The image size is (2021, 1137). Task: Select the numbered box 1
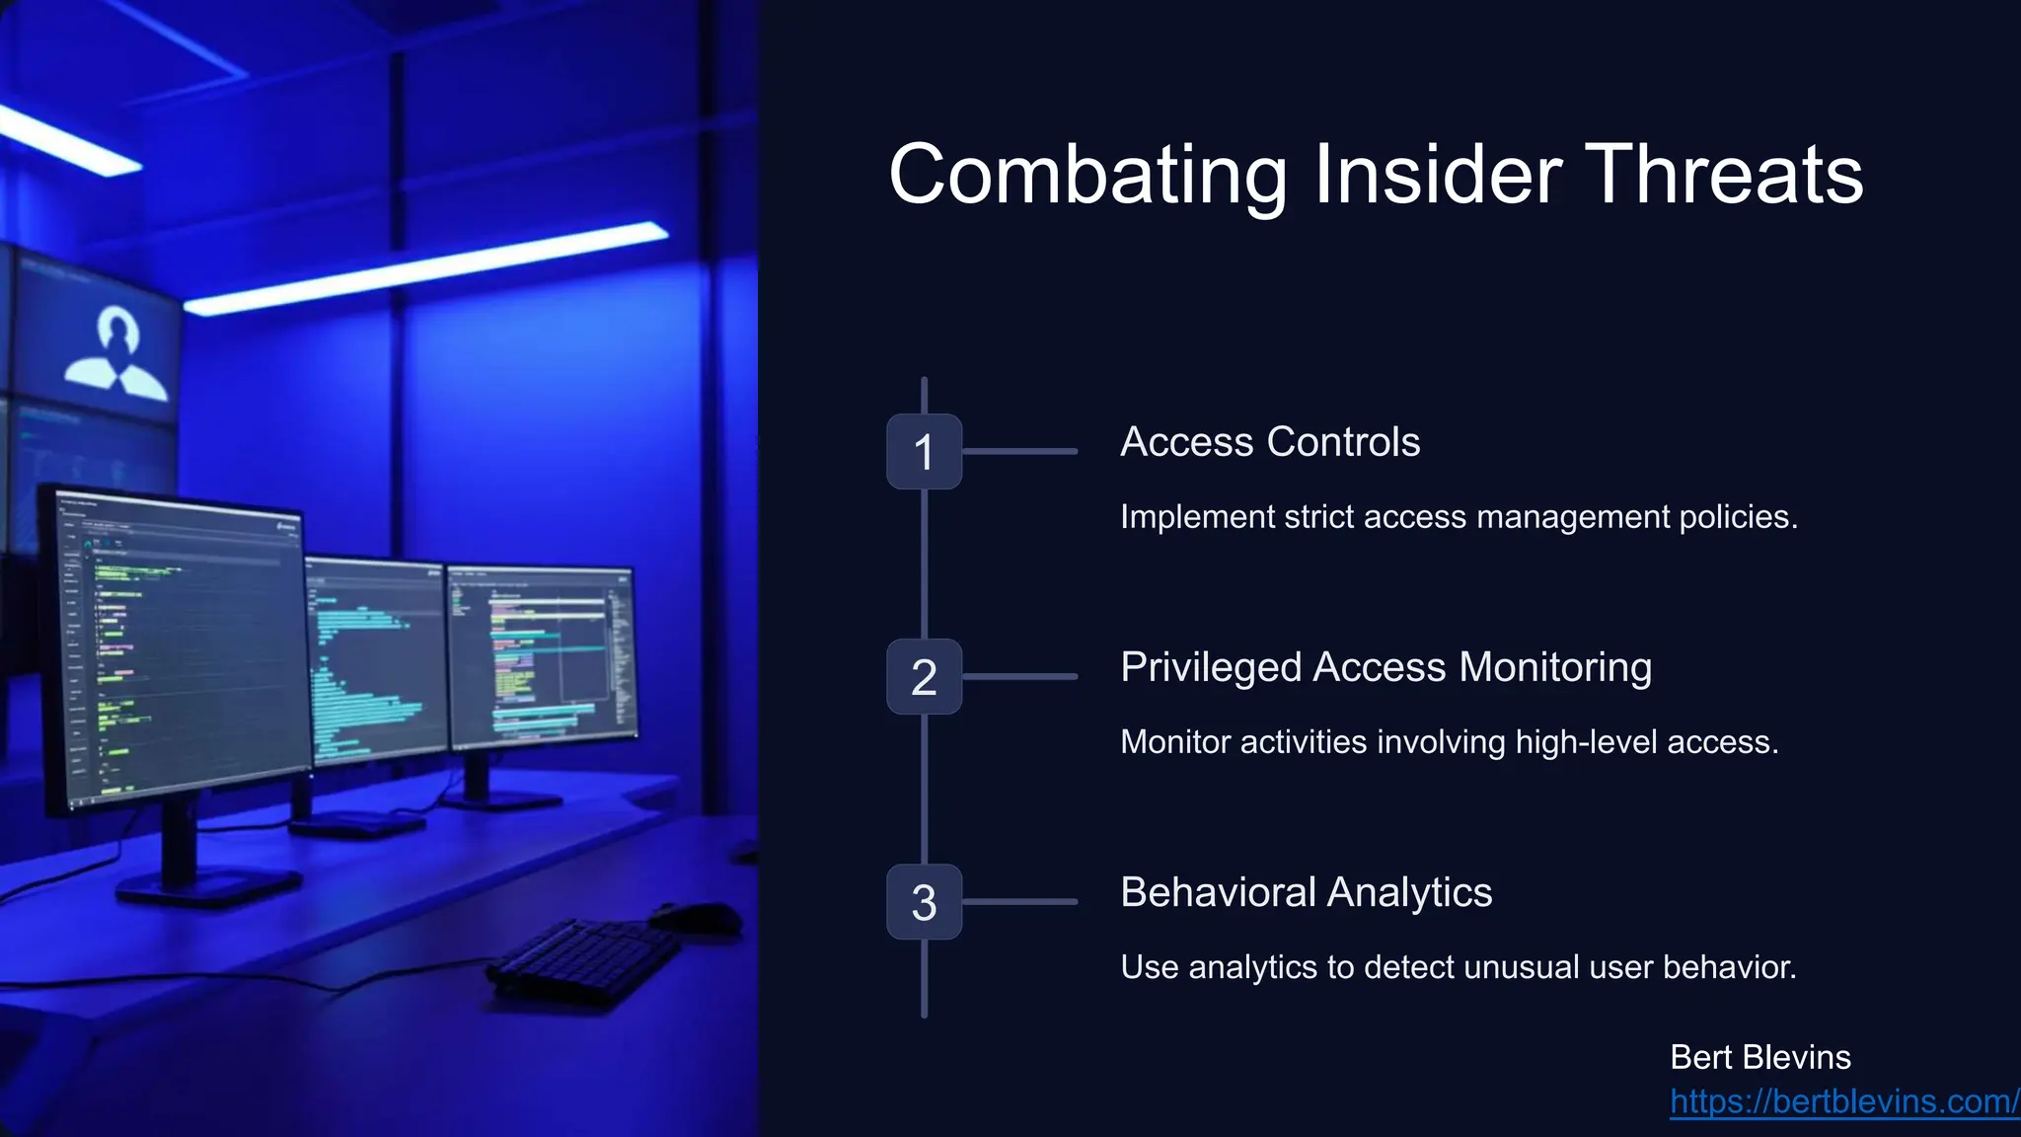[x=924, y=452]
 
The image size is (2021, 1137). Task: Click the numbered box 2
[x=924, y=677]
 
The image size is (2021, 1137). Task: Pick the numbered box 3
[x=924, y=902]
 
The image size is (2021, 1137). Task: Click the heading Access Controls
[x=1270, y=442]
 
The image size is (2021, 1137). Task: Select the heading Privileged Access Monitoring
[x=1385, y=667]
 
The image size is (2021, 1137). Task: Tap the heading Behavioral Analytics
[x=1306, y=892]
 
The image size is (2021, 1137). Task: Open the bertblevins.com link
[x=1843, y=1101]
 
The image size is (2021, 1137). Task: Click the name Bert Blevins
[x=1759, y=1057]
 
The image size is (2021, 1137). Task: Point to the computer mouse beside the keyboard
[x=696, y=918]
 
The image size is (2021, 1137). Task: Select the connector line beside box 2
[x=1019, y=677]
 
